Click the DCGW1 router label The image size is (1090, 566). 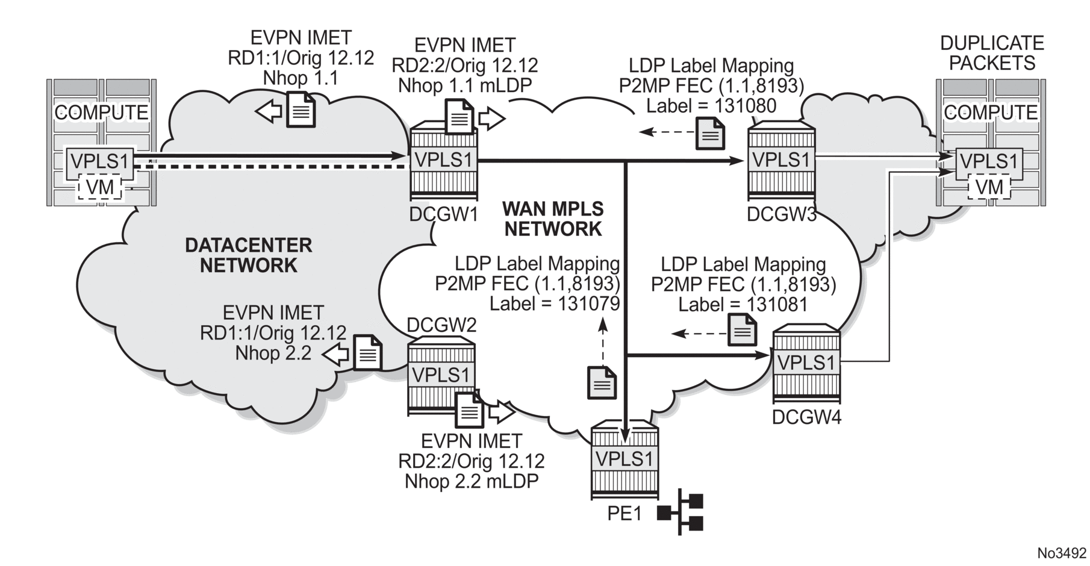[443, 214]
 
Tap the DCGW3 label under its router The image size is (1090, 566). [781, 214]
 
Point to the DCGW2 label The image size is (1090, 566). [441, 325]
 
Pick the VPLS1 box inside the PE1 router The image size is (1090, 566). [624, 459]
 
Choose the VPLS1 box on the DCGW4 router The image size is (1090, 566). [806, 362]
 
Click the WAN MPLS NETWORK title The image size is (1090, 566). [553, 219]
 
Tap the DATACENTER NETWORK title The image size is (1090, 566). [248, 255]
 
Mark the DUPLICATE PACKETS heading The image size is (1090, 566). [991, 53]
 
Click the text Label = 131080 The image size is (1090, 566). [711, 106]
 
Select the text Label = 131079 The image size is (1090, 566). [555, 303]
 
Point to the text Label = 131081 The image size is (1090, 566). [743, 305]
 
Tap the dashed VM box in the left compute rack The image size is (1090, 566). [100, 187]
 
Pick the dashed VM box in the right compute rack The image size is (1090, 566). [989, 187]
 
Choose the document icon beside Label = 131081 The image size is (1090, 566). [742, 329]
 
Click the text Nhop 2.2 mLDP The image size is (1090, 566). [472, 482]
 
